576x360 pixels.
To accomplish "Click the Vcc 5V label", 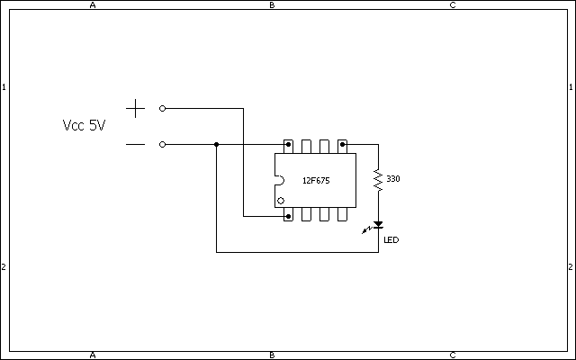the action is point(84,126).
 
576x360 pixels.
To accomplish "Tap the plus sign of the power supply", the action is point(136,108).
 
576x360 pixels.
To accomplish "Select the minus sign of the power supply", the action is point(136,144).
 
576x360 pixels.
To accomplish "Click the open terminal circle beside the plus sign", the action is point(162,108).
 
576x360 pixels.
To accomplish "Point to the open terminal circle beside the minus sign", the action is point(162,144).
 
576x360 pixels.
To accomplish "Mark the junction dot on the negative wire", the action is point(216,144).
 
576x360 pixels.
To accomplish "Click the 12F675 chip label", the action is point(316,181).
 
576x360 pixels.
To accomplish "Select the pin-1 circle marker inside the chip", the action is point(281,201).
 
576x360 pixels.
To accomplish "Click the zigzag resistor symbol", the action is point(378,180).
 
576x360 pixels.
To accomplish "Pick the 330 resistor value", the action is point(393,179).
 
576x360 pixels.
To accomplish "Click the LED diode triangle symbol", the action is point(378,225).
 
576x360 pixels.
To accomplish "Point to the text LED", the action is point(391,240).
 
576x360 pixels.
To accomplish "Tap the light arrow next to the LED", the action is point(367,230).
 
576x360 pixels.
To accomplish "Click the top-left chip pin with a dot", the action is point(288,146).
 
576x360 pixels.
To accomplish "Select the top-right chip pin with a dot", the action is point(342,146).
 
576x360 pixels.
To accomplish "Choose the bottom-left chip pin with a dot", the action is point(288,214).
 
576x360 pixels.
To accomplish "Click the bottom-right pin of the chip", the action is point(342,214).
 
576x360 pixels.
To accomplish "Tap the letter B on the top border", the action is point(272,5).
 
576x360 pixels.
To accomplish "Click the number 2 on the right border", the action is point(571,267).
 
